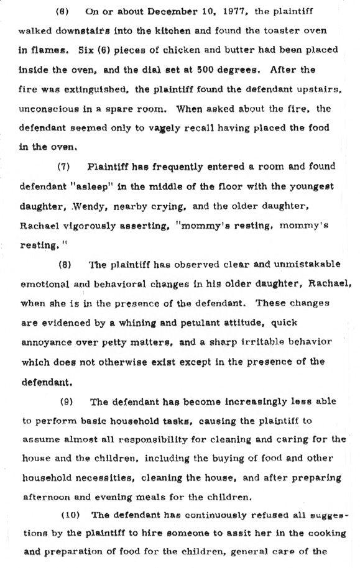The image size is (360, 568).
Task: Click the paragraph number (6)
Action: pyautogui.click(x=62, y=12)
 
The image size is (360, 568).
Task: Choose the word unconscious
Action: pyautogui.click(x=53, y=109)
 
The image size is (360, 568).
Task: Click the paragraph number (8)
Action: pyautogui.click(x=65, y=263)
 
